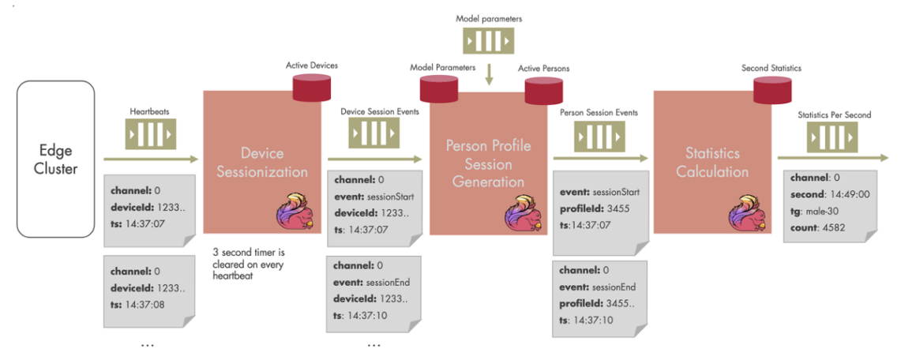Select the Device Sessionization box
261,162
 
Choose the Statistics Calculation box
712,162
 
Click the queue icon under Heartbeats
150,135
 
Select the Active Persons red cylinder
543,91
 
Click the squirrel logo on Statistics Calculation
745,210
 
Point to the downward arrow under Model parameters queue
490,75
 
